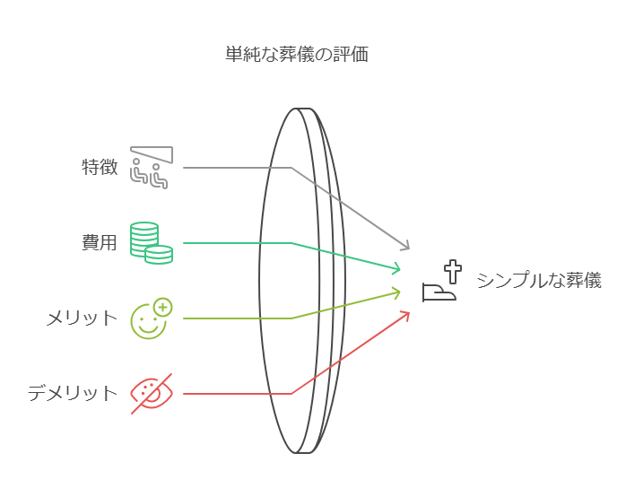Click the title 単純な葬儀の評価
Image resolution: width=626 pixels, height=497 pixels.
tap(296, 54)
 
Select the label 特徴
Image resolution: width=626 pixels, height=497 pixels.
tap(100, 167)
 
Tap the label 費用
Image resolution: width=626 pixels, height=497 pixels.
tap(100, 242)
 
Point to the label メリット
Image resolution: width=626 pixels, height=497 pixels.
tap(82, 318)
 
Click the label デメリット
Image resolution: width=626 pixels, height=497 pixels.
tap(73, 393)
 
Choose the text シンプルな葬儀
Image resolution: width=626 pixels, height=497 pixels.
tap(538, 281)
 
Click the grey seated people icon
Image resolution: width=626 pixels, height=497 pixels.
tap(151, 168)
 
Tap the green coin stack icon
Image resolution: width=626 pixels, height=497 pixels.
tap(151, 242)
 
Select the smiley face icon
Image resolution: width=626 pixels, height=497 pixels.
tap(149, 320)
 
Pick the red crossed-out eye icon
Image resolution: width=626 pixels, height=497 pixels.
tap(151, 393)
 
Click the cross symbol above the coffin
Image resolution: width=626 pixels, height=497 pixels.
tap(453, 270)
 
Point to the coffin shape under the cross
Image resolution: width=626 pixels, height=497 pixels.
tap(439, 292)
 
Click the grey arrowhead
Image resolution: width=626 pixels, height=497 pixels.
tap(405, 247)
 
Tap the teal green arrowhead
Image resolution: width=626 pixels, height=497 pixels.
tap(396, 267)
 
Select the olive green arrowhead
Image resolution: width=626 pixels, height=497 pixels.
tap(396, 292)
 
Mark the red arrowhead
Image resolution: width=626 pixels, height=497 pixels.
tap(405, 314)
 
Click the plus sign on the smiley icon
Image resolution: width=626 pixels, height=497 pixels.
tap(162, 308)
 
